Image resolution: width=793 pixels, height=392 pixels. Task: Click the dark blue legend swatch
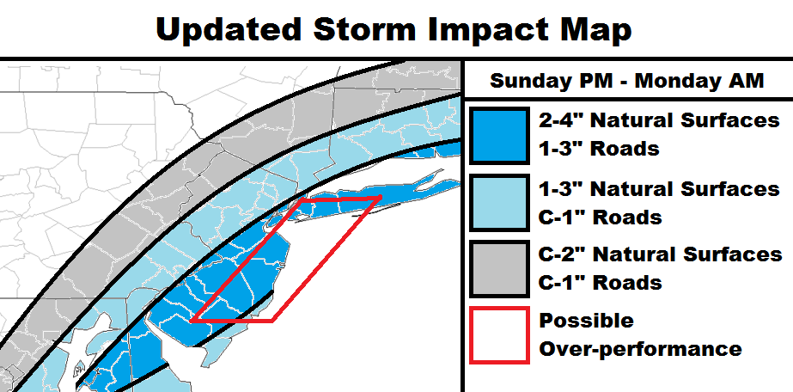500,136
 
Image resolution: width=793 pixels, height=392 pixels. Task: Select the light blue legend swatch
500,202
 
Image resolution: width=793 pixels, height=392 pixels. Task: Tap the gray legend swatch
500,268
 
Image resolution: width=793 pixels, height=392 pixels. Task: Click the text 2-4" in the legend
559,120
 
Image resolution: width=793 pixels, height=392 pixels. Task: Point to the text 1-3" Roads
600,149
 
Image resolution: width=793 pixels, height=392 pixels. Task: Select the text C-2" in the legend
561,254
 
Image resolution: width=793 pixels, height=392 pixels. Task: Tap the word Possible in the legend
586,321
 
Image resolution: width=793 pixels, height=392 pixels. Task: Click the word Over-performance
640,349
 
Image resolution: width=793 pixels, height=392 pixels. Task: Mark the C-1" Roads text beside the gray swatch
601,283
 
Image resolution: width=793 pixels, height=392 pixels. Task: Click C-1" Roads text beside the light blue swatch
601,217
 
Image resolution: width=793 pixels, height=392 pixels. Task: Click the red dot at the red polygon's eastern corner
380,197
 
